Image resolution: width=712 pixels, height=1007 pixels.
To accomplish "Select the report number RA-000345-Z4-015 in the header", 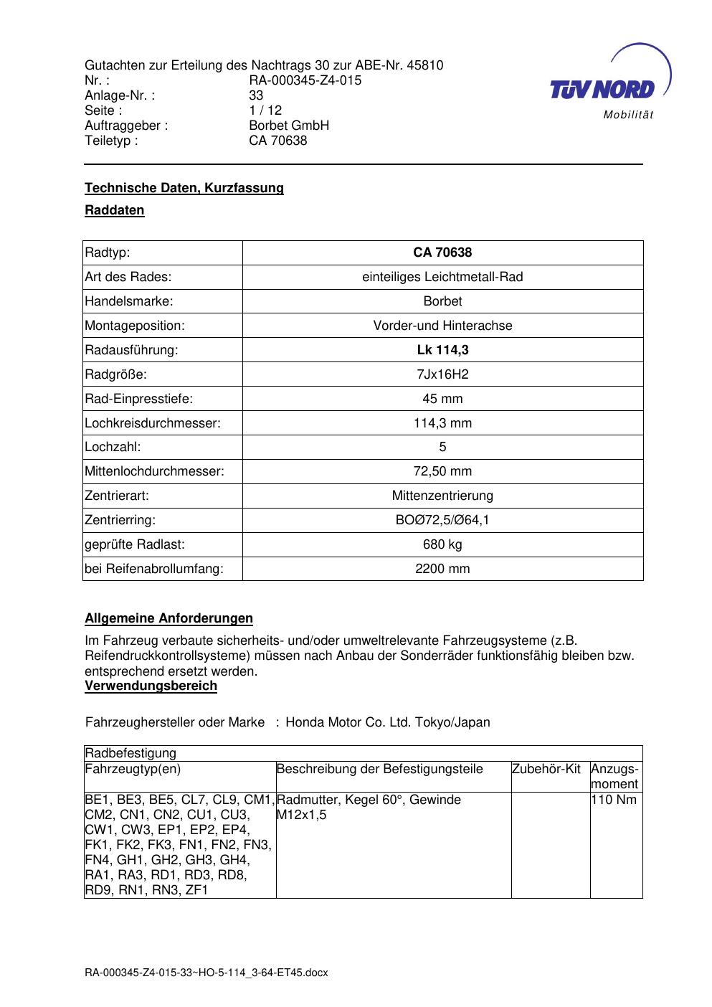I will coord(305,80).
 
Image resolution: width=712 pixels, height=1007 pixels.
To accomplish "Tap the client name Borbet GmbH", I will coord(288,126).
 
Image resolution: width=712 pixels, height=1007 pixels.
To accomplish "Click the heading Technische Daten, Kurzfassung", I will coord(184,188).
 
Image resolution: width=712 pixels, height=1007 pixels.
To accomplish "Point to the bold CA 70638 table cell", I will coord(442,252).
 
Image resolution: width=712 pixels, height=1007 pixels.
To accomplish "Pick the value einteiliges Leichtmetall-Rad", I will coord(442,277).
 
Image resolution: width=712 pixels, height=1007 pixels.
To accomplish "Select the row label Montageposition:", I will coord(135,326).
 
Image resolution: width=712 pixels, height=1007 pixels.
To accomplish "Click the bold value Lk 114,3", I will coord(442,350).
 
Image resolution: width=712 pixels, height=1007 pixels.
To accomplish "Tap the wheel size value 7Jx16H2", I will coord(442,374).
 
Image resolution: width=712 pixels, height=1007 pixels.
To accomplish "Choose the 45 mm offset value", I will coord(442,399).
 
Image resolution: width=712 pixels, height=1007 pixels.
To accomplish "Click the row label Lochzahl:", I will coord(113,447).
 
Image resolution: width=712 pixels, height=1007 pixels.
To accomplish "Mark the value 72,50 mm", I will coord(442,471).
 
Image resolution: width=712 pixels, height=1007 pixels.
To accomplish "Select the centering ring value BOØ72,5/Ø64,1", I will coord(442,520).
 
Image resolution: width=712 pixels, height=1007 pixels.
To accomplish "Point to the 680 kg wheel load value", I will coord(442,544).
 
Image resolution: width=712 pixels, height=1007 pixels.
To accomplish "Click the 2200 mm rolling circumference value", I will coord(442,569).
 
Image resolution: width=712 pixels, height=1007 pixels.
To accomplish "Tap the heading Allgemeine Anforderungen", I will coord(168,618).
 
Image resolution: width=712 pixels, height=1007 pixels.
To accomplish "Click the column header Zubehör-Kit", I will coord(546,770).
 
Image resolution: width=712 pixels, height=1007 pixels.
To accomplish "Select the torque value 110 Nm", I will coord(614,800).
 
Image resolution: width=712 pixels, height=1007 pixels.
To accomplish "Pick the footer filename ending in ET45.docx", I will coord(206,973).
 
